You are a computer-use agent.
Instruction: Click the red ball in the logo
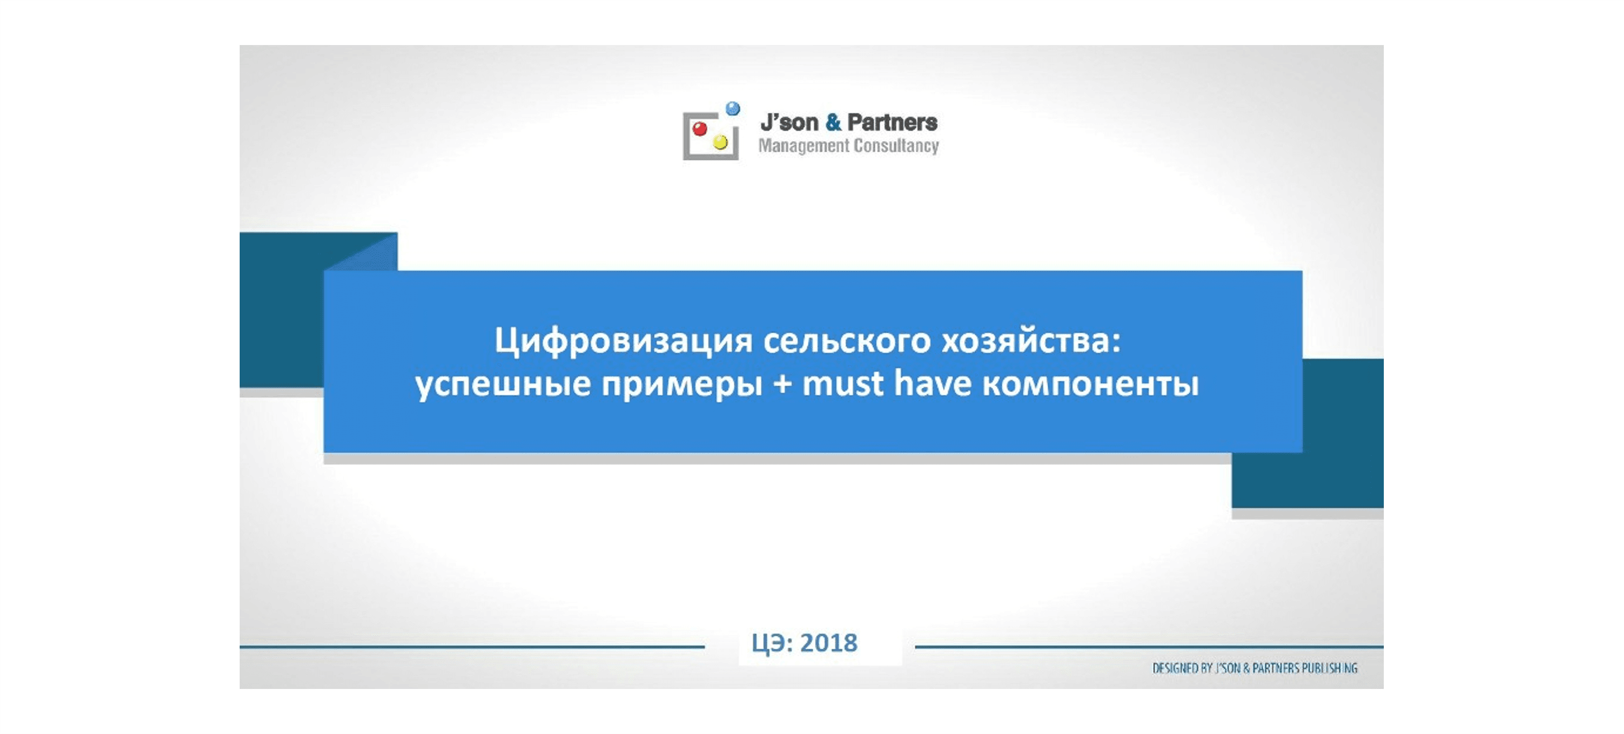tap(699, 129)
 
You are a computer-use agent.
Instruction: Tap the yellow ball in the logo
tap(720, 142)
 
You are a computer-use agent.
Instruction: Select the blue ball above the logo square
tap(732, 108)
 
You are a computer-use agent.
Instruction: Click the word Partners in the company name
tap(892, 122)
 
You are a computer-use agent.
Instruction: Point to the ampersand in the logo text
tap(833, 122)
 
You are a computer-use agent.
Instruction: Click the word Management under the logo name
tap(804, 146)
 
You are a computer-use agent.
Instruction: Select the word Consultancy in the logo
tap(896, 146)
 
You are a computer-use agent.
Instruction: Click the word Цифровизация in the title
tap(624, 341)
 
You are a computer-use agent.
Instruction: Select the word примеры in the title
tap(682, 384)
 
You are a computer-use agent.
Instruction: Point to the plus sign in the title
tap(782, 383)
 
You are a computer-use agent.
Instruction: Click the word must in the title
tap(842, 383)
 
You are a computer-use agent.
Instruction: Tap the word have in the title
tap(933, 382)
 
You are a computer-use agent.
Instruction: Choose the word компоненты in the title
tap(1091, 383)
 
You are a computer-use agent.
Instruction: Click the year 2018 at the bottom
tap(829, 642)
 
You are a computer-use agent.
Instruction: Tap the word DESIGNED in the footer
tap(1176, 668)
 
